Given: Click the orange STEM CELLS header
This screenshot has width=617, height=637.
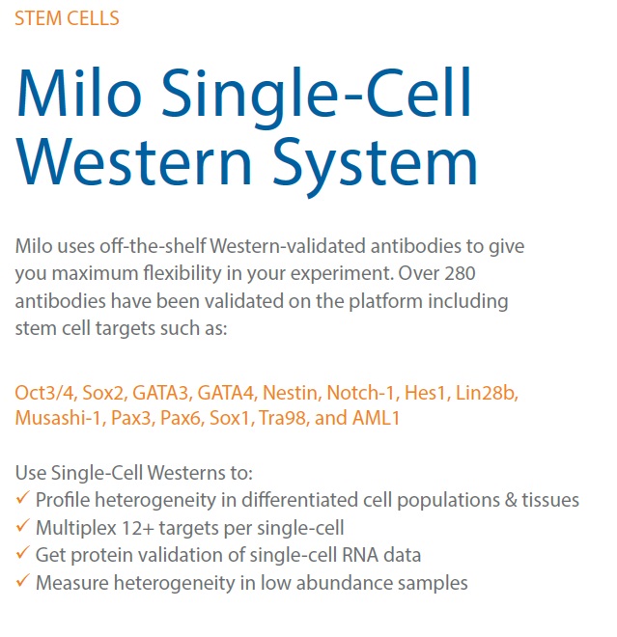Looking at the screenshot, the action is (x=67, y=18).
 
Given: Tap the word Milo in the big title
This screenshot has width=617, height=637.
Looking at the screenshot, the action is (x=79, y=93).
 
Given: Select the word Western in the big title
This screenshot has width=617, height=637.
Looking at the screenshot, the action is (x=134, y=162).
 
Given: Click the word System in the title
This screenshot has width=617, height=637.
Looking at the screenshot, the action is (x=375, y=167).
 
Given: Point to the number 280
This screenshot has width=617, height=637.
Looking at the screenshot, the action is (x=460, y=273).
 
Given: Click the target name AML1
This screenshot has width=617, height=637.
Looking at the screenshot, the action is (x=377, y=418).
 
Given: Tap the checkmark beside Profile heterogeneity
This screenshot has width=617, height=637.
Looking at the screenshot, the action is (x=23, y=498).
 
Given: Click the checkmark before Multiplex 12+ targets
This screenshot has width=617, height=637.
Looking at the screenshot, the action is (x=23, y=525).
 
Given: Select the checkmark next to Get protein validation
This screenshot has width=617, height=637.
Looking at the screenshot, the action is (x=23, y=553).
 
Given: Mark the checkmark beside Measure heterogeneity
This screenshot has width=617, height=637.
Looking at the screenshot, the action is (x=23, y=580).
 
